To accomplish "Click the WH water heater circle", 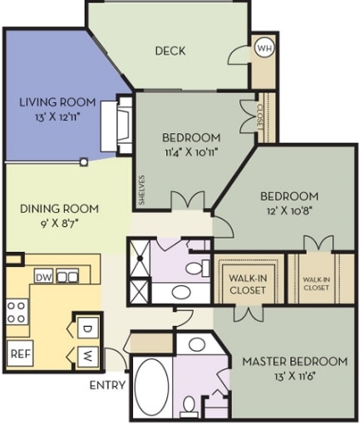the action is click(264, 48).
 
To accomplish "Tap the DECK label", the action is click(170, 51).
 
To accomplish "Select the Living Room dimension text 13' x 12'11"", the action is click(57, 117).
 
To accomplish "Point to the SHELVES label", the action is click(142, 190).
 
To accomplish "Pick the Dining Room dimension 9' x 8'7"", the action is click(59, 223).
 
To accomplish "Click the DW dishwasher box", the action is click(44, 276).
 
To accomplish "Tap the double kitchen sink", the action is click(67, 276).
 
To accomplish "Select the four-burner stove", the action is click(17, 312).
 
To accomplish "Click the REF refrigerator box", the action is click(20, 353).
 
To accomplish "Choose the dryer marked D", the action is click(87, 328).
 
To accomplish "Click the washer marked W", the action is click(87, 357).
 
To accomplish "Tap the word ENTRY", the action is click(107, 385).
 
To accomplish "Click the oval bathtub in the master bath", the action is click(151, 387).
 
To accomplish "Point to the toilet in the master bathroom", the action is click(190, 407).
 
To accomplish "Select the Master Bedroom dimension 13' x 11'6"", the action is click(295, 377).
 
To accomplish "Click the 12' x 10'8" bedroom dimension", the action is click(288, 211).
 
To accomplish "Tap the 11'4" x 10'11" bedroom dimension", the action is click(191, 152).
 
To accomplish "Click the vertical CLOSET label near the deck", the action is click(259, 116).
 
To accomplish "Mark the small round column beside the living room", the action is click(84, 161).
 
